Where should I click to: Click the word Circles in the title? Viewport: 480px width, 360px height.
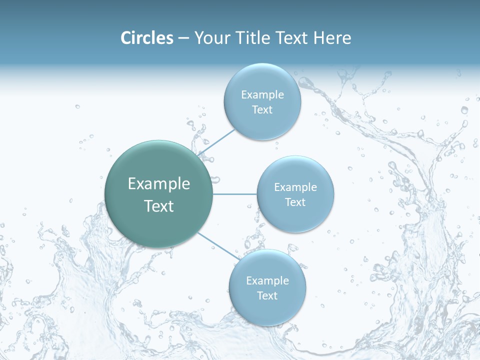click(x=147, y=38)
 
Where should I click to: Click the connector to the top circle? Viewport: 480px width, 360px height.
click(x=216, y=142)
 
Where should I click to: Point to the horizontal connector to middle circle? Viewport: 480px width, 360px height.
click(x=234, y=194)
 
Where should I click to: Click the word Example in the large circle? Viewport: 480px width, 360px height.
click(x=159, y=184)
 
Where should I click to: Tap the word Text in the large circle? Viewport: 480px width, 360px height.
click(x=159, y=206)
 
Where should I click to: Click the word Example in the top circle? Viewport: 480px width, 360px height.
click(x=262, y=95)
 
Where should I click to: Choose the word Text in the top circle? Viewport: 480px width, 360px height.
click(x=262, y=110)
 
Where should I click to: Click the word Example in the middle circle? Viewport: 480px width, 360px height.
click(x=295, y=187)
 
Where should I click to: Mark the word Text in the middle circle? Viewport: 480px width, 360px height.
click(x=295, y=202)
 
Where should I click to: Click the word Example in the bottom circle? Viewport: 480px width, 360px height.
click(x=267, y=281)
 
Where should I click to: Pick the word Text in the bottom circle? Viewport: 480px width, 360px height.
click(x=267, y=296)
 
